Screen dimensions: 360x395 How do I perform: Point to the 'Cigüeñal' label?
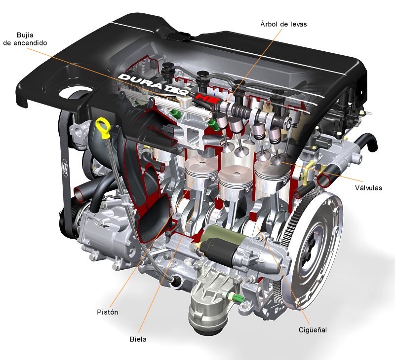pos(312,329)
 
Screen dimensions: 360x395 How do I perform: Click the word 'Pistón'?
pos(107,312)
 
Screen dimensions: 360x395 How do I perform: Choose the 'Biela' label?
pos(138,339)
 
